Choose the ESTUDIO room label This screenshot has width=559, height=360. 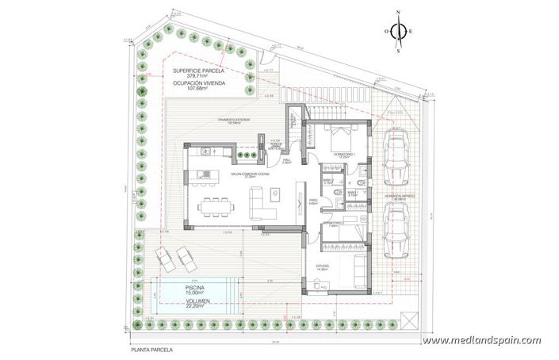pyautogui.click(x=323, y=267)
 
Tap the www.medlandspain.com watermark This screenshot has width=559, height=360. pyautogui.click(x=481, y=340)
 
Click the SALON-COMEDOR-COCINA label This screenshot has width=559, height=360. pyautogui.click(x=247, y=174)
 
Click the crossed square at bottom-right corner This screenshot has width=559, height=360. pyautogui.click(x=408, y=321)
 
